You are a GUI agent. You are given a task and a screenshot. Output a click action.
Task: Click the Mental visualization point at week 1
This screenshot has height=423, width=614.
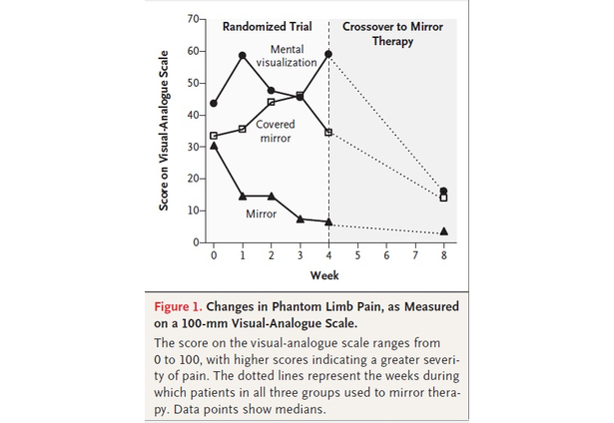tap(243, 55)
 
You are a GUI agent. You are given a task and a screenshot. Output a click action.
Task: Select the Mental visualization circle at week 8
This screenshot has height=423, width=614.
tap(443, 191)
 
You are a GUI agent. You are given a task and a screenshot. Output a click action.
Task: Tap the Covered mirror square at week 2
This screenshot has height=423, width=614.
tap(272, 102)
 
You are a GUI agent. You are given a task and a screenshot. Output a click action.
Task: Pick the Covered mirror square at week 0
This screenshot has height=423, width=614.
tap(214, 136)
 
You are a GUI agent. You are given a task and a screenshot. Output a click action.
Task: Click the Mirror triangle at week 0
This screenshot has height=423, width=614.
tap(214, 146)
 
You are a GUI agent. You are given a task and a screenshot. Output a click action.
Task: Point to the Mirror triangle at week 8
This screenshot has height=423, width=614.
tap(443, 231)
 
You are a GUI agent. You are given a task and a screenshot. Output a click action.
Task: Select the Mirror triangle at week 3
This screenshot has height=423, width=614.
tap(301, 218)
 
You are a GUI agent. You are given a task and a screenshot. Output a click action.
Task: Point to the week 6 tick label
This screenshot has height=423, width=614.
tap(386, 256)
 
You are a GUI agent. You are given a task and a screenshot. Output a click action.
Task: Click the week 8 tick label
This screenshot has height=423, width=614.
tap(443, 256)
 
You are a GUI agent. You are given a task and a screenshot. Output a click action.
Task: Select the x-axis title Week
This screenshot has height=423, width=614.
tap(323, 274)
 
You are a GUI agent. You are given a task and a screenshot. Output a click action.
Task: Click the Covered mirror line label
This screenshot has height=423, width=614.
tap(274, 132)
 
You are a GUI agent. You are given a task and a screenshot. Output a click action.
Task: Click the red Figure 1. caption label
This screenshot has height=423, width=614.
tap(185, 306)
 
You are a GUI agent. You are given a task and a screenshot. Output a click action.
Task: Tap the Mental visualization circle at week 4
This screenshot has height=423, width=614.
tap(328, 54)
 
